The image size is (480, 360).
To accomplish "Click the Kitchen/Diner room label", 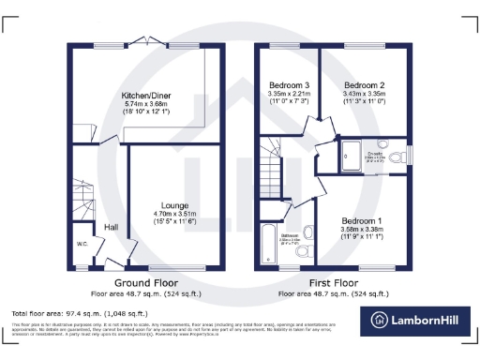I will pyautogui.click(x=144, y=96).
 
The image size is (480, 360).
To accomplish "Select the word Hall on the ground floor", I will pyautogui.click(x=111, y=227).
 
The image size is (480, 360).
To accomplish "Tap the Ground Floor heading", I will pyautogui.click(x=145, y=282).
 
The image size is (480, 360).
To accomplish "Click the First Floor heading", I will pyautogui.click(x=335, y=282).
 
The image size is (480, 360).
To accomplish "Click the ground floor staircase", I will pyautogui.click(x=83, y=199).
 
